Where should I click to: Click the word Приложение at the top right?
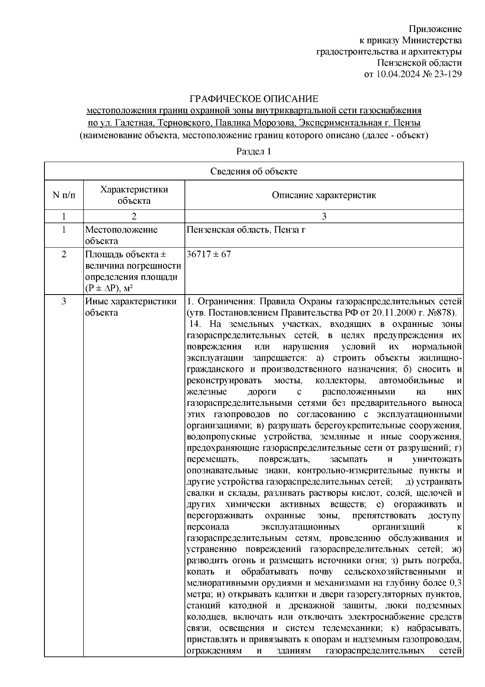click(435, 29)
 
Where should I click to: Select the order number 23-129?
click(445, 74)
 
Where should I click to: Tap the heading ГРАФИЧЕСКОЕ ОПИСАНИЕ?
click(254, 99)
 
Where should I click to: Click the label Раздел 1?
click(253, 152)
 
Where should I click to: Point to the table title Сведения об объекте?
click(253, 171)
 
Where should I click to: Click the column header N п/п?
click(64, 195)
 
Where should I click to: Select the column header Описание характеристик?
click(324, 195)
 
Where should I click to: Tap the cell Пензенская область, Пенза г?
click(246, 230)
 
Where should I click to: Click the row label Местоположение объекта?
click(121, 235)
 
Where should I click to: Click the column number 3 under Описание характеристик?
click(324, 216)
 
